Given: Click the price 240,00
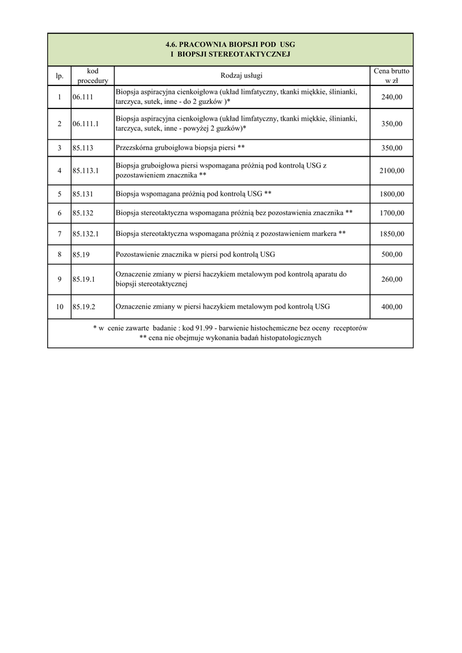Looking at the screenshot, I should [392, 97].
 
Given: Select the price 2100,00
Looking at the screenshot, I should [392, 170].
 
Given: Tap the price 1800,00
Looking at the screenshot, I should [392, 194].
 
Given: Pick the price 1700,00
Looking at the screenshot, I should [392, 213].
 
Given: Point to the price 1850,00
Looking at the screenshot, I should [392, 234].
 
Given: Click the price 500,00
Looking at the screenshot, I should [392, 254].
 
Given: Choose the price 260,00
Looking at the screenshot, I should [392, 279].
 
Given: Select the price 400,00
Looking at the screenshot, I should [392, 307].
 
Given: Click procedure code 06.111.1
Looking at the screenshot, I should [86, 124].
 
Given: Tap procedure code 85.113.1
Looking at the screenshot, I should [86, 170].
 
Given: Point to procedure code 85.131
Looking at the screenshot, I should [83, 194].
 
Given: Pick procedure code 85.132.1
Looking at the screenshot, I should [86, 234].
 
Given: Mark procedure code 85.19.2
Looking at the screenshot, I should [84, 307].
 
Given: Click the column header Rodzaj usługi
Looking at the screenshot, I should [242, 77].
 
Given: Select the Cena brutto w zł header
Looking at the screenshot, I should [392, 76].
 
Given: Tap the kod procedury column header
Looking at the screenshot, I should [93, 76].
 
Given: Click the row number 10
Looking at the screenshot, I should [59, 307].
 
